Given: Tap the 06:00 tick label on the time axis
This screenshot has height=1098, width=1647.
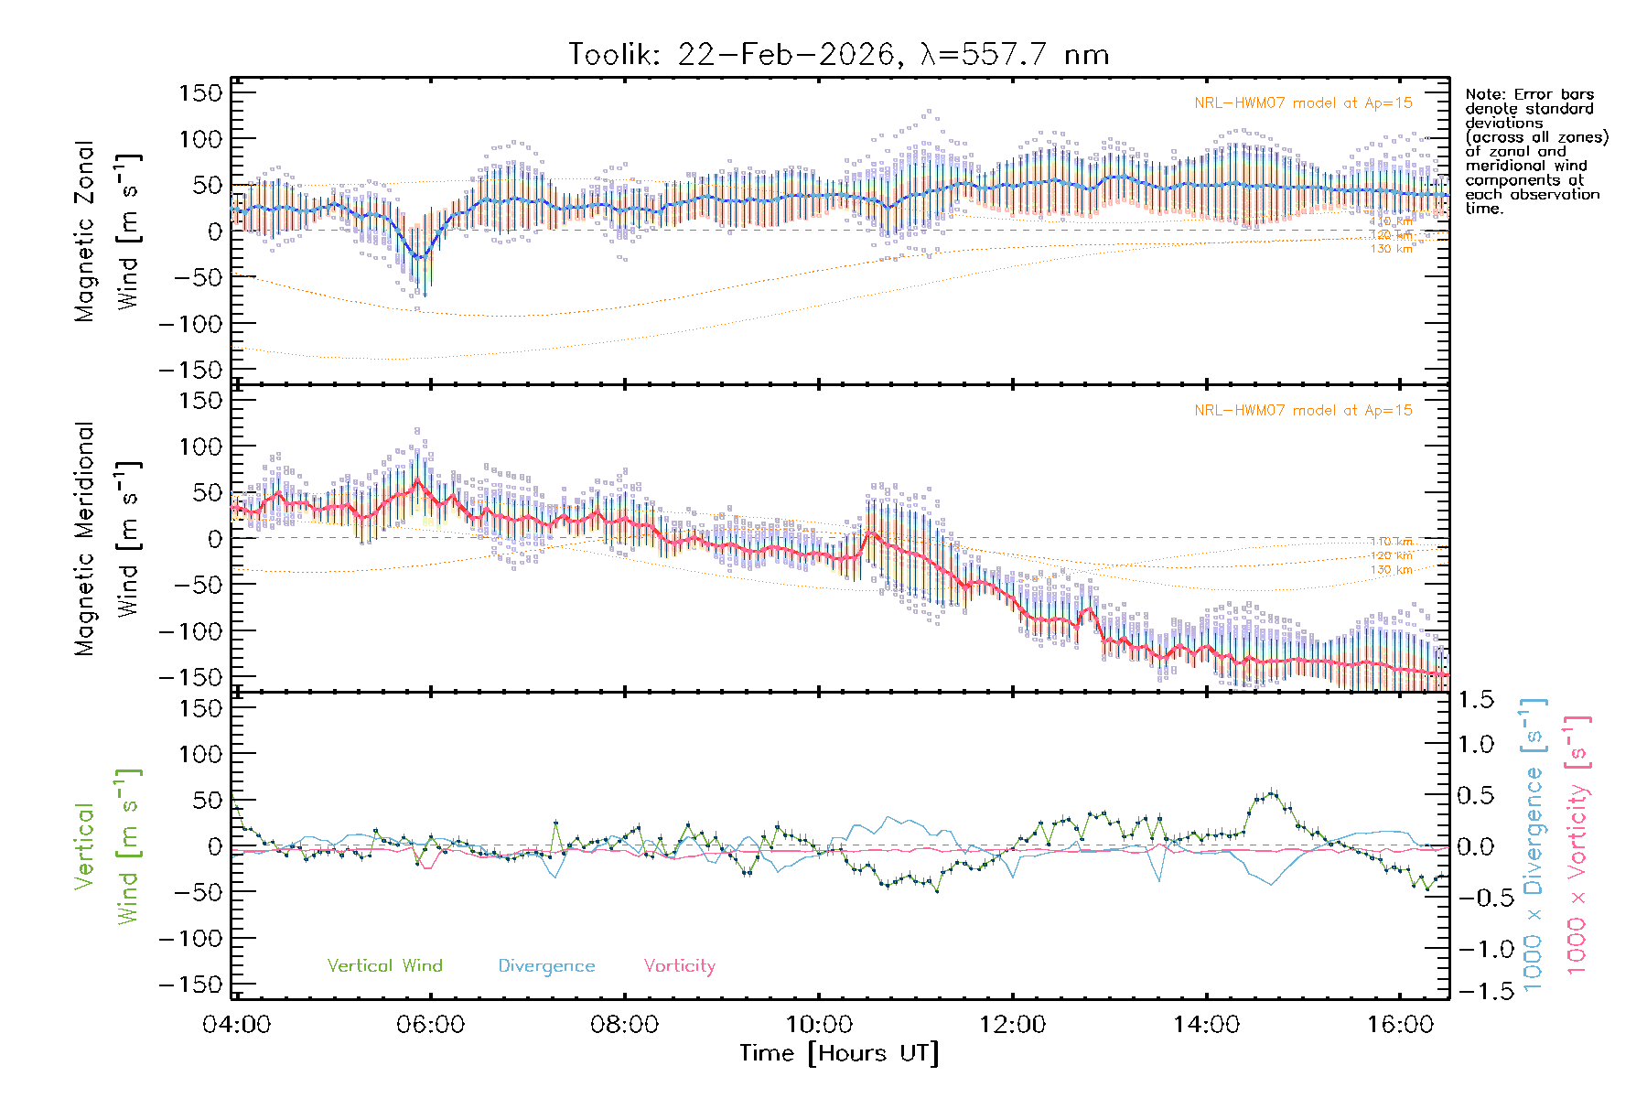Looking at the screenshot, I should pos(430,1025).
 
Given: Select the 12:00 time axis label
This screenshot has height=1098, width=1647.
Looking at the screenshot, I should pos(1012,1025).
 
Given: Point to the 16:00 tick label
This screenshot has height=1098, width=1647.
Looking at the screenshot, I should pos(1400,1025).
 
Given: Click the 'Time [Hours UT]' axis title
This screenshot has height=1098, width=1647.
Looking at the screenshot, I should pos(839,1054).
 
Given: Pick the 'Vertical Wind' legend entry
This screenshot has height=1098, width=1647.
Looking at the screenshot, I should pos(384,966).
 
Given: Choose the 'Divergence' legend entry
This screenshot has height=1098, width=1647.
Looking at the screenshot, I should pos(546,966).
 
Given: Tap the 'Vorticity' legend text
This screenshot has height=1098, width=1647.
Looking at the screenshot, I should pos(679,966).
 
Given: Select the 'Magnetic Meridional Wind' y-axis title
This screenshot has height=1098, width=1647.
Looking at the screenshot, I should pos(108,539).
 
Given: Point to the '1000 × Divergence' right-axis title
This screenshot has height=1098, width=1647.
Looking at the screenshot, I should pos(1534,846).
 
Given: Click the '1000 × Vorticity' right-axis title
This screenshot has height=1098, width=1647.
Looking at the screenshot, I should pos(1577,846).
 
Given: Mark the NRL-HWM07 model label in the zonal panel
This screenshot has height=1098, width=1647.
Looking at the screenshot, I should pos(1303,103).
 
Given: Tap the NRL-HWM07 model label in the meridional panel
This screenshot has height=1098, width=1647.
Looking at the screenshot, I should pos(1303,411).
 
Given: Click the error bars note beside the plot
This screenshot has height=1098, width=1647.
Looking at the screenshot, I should pos(1535,151).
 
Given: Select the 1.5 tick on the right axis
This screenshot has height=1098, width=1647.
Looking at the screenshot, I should pos(1475,700).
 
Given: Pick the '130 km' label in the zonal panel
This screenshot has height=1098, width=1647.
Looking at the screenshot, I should pos(1391,249).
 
